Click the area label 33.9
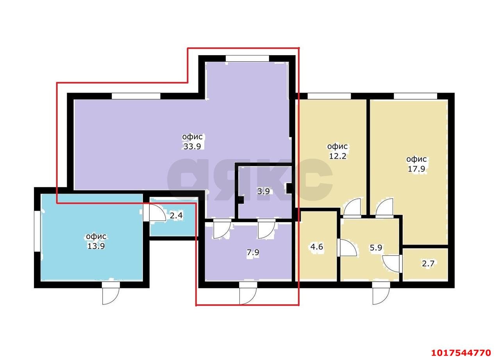point(192,146)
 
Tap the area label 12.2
point(338,156)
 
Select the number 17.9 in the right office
point(416,168)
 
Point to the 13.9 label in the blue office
point(96,246)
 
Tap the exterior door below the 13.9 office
point(111,293)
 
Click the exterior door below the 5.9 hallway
point(381,293)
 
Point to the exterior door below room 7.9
point(248,293)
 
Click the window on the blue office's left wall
point(37,231)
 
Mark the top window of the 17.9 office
point(415,96)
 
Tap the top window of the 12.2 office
point(329,96)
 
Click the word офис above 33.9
point(192,137)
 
